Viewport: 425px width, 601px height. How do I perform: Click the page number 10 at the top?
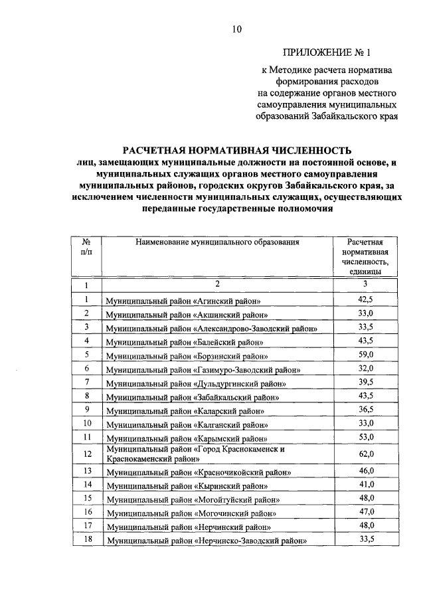click(x=238, y=29)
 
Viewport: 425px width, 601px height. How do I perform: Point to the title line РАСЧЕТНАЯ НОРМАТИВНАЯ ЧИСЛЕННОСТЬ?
click(x=237, y=149)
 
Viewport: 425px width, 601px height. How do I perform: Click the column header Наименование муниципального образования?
click(x=217, y=242)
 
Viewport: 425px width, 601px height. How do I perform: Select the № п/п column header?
click(x=86, y=247)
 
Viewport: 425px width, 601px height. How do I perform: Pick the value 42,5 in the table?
click(x=366, y=300)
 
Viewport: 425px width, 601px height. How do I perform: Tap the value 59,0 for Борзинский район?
click(x=366, y=355)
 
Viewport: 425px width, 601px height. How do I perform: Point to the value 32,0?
click(x=366, y=369)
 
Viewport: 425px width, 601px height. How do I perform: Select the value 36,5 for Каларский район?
click(x=366, y=409)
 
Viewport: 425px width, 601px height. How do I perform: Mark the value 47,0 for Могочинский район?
click(x=366, y=512)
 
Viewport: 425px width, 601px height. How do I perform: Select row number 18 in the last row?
click(x=86, y=539)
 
